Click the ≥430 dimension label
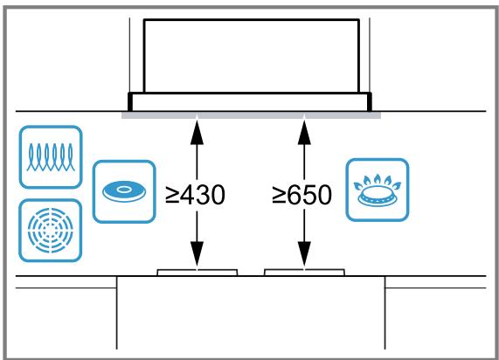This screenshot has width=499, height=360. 196,195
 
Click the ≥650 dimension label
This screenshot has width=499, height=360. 302,195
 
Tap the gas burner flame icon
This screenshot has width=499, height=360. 378,190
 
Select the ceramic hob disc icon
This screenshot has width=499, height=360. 124,191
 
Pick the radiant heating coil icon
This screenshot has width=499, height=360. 51,157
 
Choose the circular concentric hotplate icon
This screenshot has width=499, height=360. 51,231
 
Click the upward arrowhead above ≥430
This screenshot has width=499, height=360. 197,133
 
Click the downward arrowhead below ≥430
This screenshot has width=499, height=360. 197,253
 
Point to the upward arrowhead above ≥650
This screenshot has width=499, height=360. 304,133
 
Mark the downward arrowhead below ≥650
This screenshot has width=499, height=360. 304,253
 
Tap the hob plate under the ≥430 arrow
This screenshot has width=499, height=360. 198,273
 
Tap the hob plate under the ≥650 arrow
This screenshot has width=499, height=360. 304,273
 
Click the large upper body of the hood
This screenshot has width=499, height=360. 252,56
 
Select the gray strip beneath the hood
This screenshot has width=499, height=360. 251,115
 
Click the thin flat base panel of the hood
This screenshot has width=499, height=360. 250,102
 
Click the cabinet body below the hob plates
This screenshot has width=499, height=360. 251,313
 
